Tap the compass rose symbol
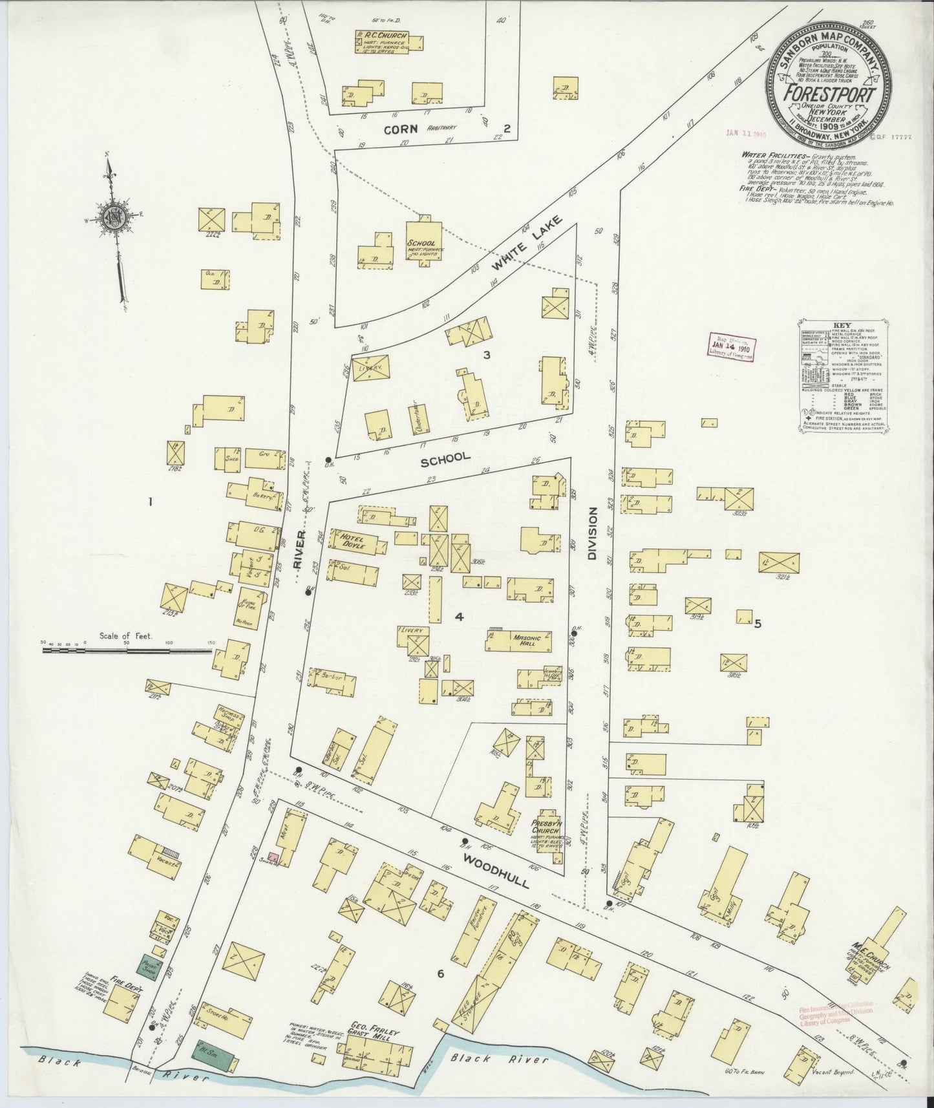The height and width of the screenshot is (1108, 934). click(x=115, y=220)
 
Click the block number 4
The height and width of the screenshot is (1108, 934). click(x=459, y=617)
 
